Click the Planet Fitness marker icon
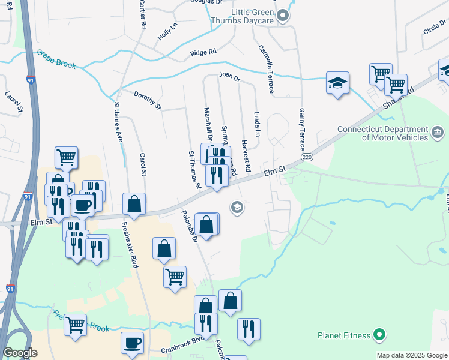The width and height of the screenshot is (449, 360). [379, 334]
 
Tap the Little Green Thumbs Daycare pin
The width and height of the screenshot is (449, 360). [284, 16]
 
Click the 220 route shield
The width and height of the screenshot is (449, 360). [307, 157]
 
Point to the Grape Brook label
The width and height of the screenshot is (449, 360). [56, 59]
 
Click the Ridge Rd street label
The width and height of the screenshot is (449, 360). [203, 53]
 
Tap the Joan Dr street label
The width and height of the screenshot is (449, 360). [229, 77]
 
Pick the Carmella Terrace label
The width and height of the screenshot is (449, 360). [265, 69]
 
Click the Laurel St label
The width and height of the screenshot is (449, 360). [13, 102]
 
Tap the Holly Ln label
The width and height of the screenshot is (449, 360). [167, 32]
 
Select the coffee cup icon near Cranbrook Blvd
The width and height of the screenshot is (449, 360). [132, 343]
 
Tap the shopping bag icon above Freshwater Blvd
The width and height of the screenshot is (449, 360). [134, 204]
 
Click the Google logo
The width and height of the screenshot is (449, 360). [20, 353]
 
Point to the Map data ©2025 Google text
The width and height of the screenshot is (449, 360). [411, 355]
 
